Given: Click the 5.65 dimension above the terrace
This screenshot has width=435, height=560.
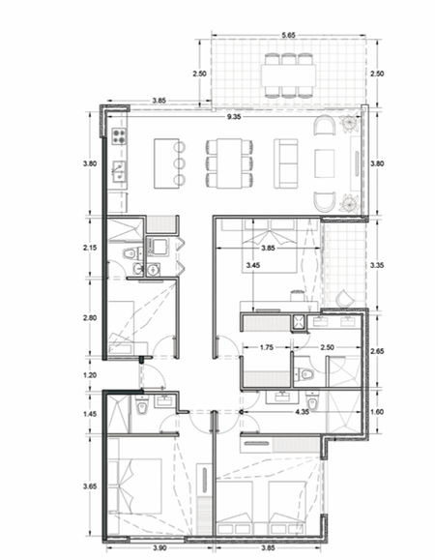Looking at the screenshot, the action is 288,35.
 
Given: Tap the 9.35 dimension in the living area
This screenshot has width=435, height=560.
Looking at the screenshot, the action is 234,117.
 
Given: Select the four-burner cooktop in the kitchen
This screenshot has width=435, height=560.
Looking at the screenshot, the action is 120,136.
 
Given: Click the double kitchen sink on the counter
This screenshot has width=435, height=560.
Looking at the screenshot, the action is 119,171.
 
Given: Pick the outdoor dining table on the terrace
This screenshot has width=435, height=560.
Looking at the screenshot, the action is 288,75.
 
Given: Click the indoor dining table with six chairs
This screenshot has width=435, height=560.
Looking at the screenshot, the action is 229,163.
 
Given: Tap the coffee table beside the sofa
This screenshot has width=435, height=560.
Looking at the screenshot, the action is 325,163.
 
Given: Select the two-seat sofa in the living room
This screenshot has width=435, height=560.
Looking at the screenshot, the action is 285,163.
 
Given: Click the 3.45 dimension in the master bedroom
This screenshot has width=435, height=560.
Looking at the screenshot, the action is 253,265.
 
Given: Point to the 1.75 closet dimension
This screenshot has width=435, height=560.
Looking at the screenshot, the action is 267,347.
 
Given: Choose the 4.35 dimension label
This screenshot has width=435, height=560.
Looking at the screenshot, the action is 302,412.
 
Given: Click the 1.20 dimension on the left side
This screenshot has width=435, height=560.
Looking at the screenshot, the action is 90,375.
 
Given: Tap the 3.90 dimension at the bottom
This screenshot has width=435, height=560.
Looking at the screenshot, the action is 159,547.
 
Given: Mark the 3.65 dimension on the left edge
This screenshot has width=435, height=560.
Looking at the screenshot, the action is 90,486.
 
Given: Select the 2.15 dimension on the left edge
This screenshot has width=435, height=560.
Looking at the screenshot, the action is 90,248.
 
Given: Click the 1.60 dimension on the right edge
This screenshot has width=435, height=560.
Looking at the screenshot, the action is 377,412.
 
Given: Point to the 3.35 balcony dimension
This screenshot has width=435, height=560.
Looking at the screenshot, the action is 377,265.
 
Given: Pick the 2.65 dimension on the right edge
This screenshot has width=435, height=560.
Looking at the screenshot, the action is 377,351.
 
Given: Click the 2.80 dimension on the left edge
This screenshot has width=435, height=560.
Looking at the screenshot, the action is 90,317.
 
